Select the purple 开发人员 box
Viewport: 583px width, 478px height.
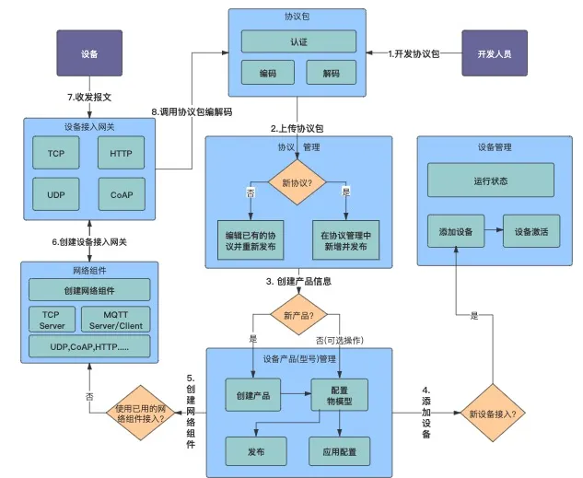coord(494,53)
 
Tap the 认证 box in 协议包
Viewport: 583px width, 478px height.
coord(298,41)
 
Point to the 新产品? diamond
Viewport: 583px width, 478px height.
coord(297,317)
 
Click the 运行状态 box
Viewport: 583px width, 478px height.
coord(490,180)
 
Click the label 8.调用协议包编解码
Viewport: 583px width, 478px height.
coord(192,111)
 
